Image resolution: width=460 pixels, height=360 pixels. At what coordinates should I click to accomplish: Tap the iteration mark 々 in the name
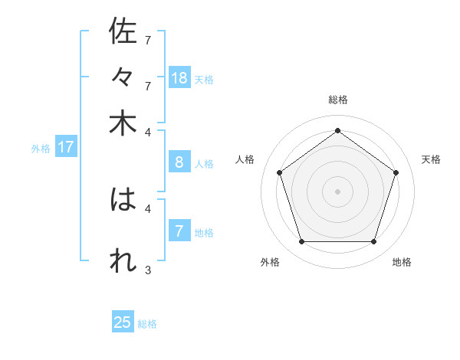(123, 77)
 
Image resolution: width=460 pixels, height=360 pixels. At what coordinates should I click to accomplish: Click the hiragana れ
(123, 260)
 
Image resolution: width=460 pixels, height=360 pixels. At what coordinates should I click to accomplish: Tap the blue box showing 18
(179, 77)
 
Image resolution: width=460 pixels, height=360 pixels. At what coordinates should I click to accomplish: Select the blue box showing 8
(179, 162)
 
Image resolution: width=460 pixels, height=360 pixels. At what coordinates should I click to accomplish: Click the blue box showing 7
(179, 231)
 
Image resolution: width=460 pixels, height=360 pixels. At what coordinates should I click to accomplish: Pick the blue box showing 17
(66, 147)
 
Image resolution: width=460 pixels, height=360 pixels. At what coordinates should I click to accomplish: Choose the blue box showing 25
(123, 322)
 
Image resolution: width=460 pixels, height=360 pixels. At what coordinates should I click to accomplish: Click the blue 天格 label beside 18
(204, 79)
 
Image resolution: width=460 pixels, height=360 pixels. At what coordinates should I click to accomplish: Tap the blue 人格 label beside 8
(204, 163)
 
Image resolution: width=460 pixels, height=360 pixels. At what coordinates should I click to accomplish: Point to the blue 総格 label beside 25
(147, 324)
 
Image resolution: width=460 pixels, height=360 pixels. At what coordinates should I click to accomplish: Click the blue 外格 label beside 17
(40, 149)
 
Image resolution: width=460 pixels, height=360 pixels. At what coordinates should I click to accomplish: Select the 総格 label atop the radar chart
(337, 100)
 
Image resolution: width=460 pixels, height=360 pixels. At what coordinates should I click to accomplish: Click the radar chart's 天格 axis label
(432, 159)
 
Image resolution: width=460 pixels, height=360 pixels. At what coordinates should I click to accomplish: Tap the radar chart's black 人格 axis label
(245, 159)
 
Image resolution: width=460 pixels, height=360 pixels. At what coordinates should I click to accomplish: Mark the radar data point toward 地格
(373, 242)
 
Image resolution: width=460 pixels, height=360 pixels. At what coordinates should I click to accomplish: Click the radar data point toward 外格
(301, 242)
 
